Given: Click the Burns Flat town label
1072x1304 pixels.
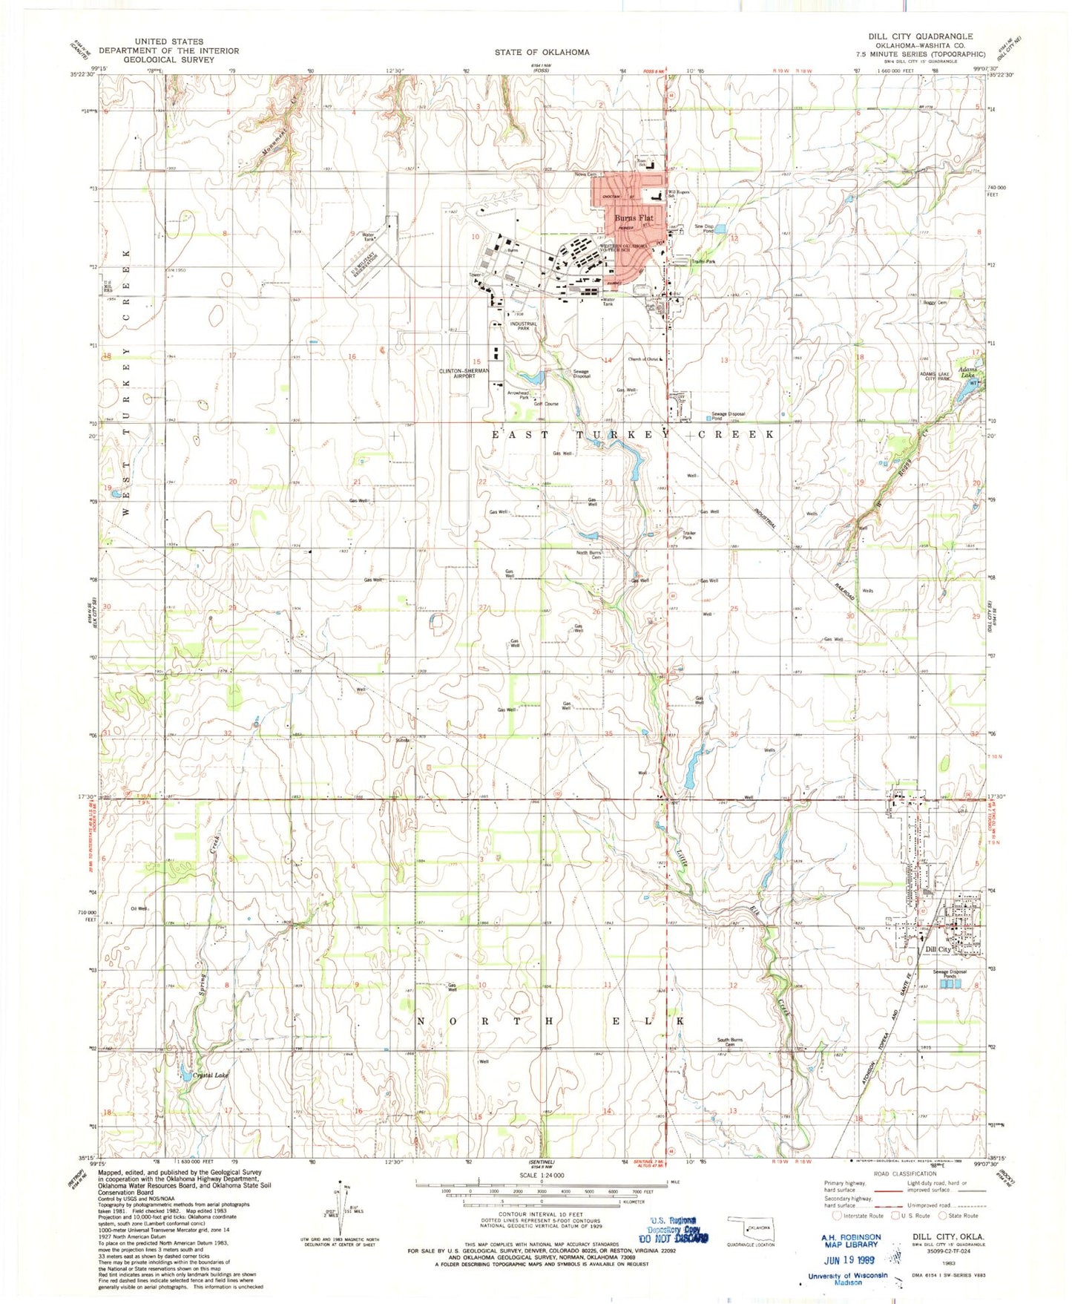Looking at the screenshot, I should click(x=634, y=218).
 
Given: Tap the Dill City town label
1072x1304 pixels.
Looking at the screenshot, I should click(x=938, y=949).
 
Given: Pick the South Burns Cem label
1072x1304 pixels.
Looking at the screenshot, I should click(x=730, y=1042).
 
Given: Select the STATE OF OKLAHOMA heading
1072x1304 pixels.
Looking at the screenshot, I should click(x=542, y=52).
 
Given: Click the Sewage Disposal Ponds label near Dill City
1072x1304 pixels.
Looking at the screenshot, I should click(x=950, y=974).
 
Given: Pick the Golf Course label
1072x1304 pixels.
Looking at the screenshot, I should click(x=546, y=404).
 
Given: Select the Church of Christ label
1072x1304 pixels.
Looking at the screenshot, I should click(x=643, y=359).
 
